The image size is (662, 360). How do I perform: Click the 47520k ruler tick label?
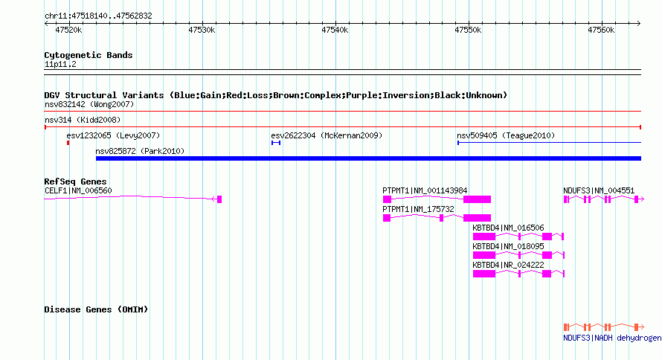tap(68, 30)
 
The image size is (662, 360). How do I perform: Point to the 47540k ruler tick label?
tap(335, 30)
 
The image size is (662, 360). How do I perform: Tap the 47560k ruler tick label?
tap(601, 30)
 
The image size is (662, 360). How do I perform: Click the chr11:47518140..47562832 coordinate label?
tap(98, 16)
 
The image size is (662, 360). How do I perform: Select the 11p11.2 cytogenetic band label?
tap(60, 65)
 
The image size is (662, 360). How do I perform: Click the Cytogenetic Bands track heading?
tap(89, 55)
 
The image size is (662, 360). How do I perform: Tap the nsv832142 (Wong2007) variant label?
tap(89, 104)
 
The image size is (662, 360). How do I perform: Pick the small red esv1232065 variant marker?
tap(68, 143)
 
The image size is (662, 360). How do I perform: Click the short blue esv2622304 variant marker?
tap(276, 143)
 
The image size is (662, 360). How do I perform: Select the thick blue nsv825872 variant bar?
tap(369, 158)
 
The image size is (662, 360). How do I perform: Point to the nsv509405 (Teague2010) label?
tap(506, 135)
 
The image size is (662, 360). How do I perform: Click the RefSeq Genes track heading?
tap(76, 181)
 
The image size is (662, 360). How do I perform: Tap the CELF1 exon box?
tap(219, 199)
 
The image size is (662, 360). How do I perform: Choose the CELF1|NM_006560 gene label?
tap(79, 190)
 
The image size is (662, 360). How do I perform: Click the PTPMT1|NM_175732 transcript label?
tap(418, 209)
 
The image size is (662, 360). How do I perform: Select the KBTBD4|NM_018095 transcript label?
tap(508, 246)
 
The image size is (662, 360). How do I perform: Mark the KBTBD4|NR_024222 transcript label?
tap(508, 265)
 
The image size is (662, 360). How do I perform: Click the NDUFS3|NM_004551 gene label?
tap(599, 190)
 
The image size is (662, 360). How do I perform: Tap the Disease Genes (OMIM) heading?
tap(96, 309)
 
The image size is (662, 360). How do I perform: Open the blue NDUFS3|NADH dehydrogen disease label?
tap(612, 338)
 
